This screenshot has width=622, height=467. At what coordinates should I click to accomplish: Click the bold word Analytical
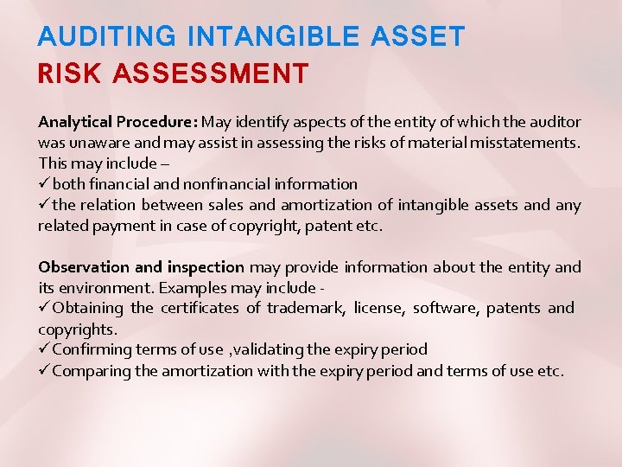click(76, 122)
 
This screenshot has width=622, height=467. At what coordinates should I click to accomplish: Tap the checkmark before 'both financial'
click(43, 184)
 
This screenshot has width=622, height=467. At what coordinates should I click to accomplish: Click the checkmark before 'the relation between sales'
click(43, 205)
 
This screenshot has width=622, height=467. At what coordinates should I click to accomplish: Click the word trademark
click(300, 309)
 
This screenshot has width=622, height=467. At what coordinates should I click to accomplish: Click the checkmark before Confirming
click(43, 349)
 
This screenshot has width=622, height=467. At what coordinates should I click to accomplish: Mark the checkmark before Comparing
click(43, 371)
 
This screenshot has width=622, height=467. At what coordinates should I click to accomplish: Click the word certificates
click(199, 309)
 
